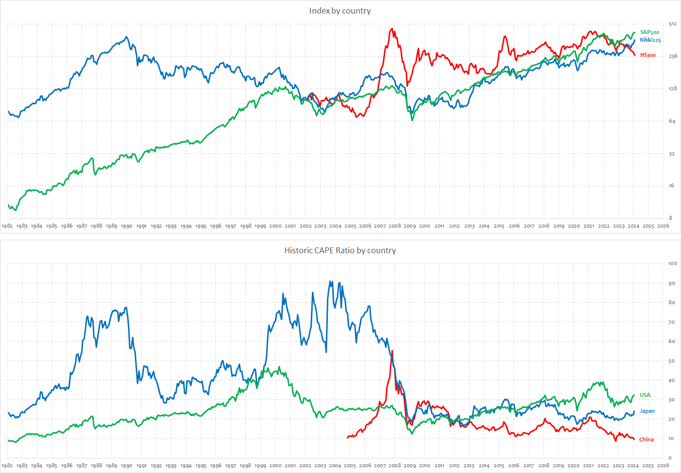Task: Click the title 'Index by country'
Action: (340, 11)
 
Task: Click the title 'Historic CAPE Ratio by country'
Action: (340, 250)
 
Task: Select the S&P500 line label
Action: (649, 32)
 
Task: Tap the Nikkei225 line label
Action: (650, 40)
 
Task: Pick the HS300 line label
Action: (648, 55)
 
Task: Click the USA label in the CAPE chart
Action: (645, 395)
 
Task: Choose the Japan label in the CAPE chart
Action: (647, 411)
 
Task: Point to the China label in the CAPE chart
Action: (646, 440)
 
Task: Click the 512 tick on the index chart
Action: (672, 24)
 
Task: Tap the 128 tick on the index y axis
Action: (672, 88)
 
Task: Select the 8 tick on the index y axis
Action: (671, 218)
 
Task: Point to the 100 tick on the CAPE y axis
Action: (672, 263)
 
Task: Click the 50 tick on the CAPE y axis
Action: (671, 361)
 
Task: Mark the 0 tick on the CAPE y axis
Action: (670, 457)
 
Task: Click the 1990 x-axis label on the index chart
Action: (126, 226)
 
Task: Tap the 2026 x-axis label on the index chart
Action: (663, 226)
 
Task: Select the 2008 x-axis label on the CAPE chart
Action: (394, 466)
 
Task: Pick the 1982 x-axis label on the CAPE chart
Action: (7, 466)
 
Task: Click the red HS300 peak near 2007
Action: (391, 29)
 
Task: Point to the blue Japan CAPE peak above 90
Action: (331, 281)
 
